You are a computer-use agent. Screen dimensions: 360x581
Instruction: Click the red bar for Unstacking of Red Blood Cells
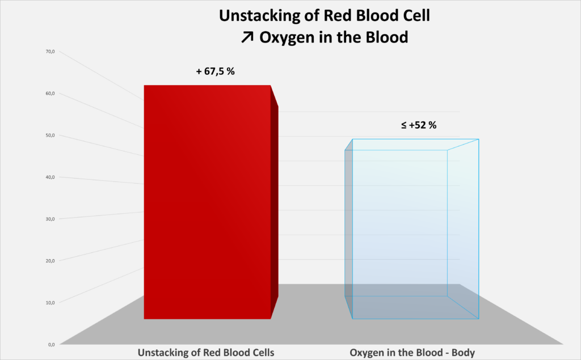[x=207, y=202]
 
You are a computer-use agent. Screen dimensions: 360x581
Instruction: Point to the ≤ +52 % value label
[x=419, y=125]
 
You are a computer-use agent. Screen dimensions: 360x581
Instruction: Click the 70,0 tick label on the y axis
[x=50, y=52]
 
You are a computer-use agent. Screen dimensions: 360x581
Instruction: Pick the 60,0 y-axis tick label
[x=50, y=94]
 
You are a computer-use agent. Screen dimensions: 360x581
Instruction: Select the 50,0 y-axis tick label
[x=50, y=135]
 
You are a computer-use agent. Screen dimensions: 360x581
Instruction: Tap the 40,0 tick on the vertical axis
[x=50, y=177]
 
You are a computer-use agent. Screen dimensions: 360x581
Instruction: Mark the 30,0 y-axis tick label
[x=50, y=219]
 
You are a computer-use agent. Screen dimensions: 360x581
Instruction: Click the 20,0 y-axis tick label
[x=50, y=261]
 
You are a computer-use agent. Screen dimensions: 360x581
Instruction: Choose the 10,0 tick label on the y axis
[x=50, y=302]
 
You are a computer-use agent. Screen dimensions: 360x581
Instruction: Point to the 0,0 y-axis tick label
[x=51, y=344]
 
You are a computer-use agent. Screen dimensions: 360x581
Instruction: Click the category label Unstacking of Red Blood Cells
[x=206, y=353]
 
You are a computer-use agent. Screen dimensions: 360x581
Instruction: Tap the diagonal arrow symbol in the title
[x=248, y=38]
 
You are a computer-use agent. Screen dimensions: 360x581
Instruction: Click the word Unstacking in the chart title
[x=256, y=16]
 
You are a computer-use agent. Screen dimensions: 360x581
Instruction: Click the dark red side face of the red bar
[x=275, y=204]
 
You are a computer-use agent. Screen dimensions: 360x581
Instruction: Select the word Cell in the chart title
[x=415, y=16]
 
